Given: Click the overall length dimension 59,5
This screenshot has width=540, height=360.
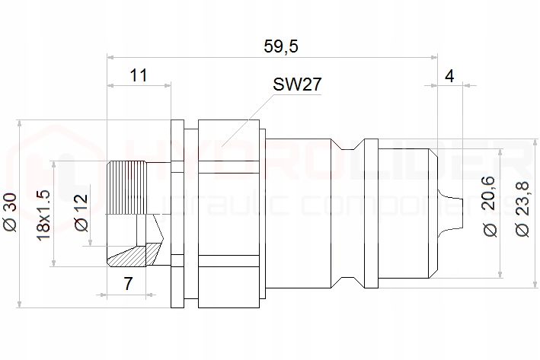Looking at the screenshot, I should (280, 46).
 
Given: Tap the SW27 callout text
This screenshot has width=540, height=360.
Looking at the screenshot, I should (296, 84).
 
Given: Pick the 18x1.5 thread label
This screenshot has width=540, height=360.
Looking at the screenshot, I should (43, 214).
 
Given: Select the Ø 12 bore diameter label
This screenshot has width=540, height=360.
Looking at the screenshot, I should (81, 213).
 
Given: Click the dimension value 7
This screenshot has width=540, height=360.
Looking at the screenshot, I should (128, 284).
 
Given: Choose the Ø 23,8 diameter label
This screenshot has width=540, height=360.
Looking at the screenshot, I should (522, 208).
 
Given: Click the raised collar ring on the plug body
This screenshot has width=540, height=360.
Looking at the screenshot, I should (370, 213).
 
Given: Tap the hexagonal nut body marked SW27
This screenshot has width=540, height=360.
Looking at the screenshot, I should (228, 213).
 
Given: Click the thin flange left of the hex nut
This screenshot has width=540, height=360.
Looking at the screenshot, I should (177, 213).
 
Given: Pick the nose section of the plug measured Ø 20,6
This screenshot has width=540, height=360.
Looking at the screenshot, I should (407, 213).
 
